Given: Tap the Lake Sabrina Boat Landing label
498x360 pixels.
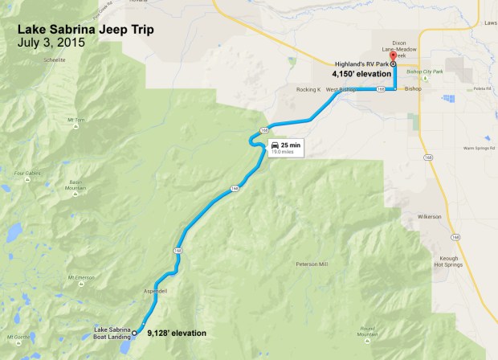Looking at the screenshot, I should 112,333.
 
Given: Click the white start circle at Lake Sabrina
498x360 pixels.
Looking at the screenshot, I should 135,332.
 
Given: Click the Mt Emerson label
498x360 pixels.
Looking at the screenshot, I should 84,278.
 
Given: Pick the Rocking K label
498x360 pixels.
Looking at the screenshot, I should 308,89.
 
